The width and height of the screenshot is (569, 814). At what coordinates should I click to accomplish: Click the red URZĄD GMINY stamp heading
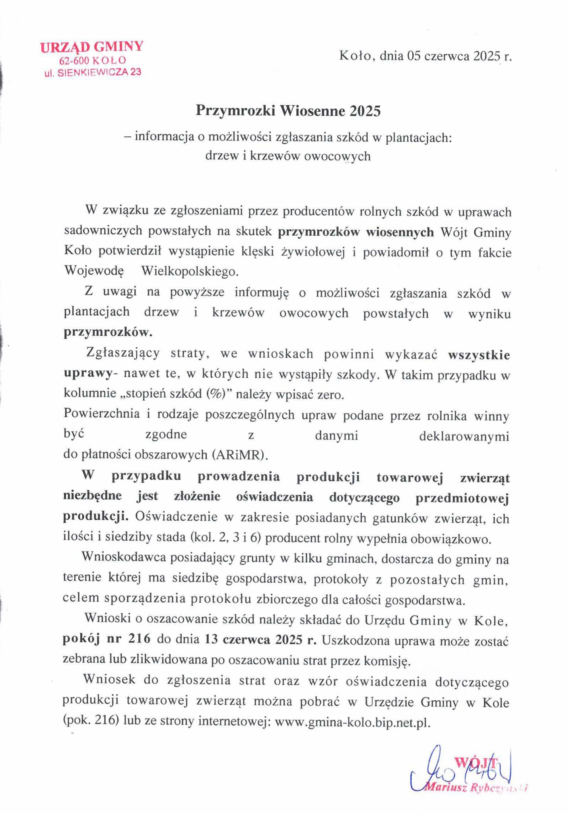pyautogui.click(x=91, y=47)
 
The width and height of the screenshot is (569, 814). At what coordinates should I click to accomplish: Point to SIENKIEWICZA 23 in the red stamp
pyautogui.click(x=99, y=72)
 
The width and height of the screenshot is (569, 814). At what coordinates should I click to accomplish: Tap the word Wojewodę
pyautogui.click(x=94, y=271)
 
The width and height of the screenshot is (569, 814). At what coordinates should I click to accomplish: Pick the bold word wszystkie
pyautogui.click(x=479, y=355)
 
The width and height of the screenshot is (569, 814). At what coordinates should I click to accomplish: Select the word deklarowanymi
pyautogui.click(x=464, y=436)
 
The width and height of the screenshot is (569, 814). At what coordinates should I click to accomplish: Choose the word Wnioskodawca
pyautogui.click(x=124, y=558)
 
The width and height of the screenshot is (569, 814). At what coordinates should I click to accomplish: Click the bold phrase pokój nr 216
pyautogui.click(x=107, y=639)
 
